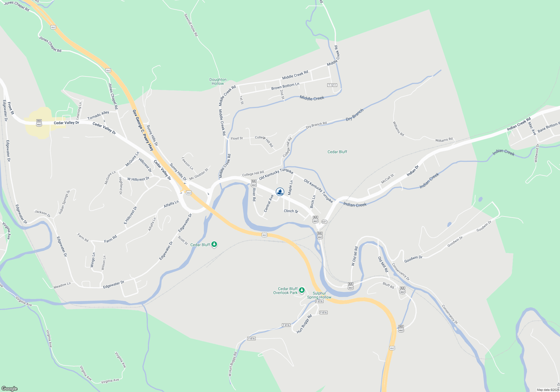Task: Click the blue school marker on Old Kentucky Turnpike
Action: click(x=280, y=192)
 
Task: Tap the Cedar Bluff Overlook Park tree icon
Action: click(x=302, y=290)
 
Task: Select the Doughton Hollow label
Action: click(x=218, y=81)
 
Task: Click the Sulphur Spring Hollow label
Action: click(x=319, y=295)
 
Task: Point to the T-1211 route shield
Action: click(x=332, y=85)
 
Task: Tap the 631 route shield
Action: click(x=324, y=222)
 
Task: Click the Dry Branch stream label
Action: click(x=354, y=115)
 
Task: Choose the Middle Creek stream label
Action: click(x=312, y=98)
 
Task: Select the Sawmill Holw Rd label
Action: click(x=191, y=25)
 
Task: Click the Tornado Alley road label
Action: click(x=98, y=115)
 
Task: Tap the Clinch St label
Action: click(x=291, y=211)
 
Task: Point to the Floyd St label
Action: click(x=237, y=138)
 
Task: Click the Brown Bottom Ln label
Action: click(x=285, y=86)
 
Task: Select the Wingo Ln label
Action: click(x=93, y=260)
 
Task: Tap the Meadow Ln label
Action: click(x=62, y=285)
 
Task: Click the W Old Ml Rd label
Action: click(x=354, y=256)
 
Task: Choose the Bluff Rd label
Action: click(x=388, y=285)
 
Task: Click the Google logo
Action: click(x=10, y=388)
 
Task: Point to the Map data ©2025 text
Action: click(x=548, y=390)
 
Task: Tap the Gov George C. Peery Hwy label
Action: click(x=143, y=130)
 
